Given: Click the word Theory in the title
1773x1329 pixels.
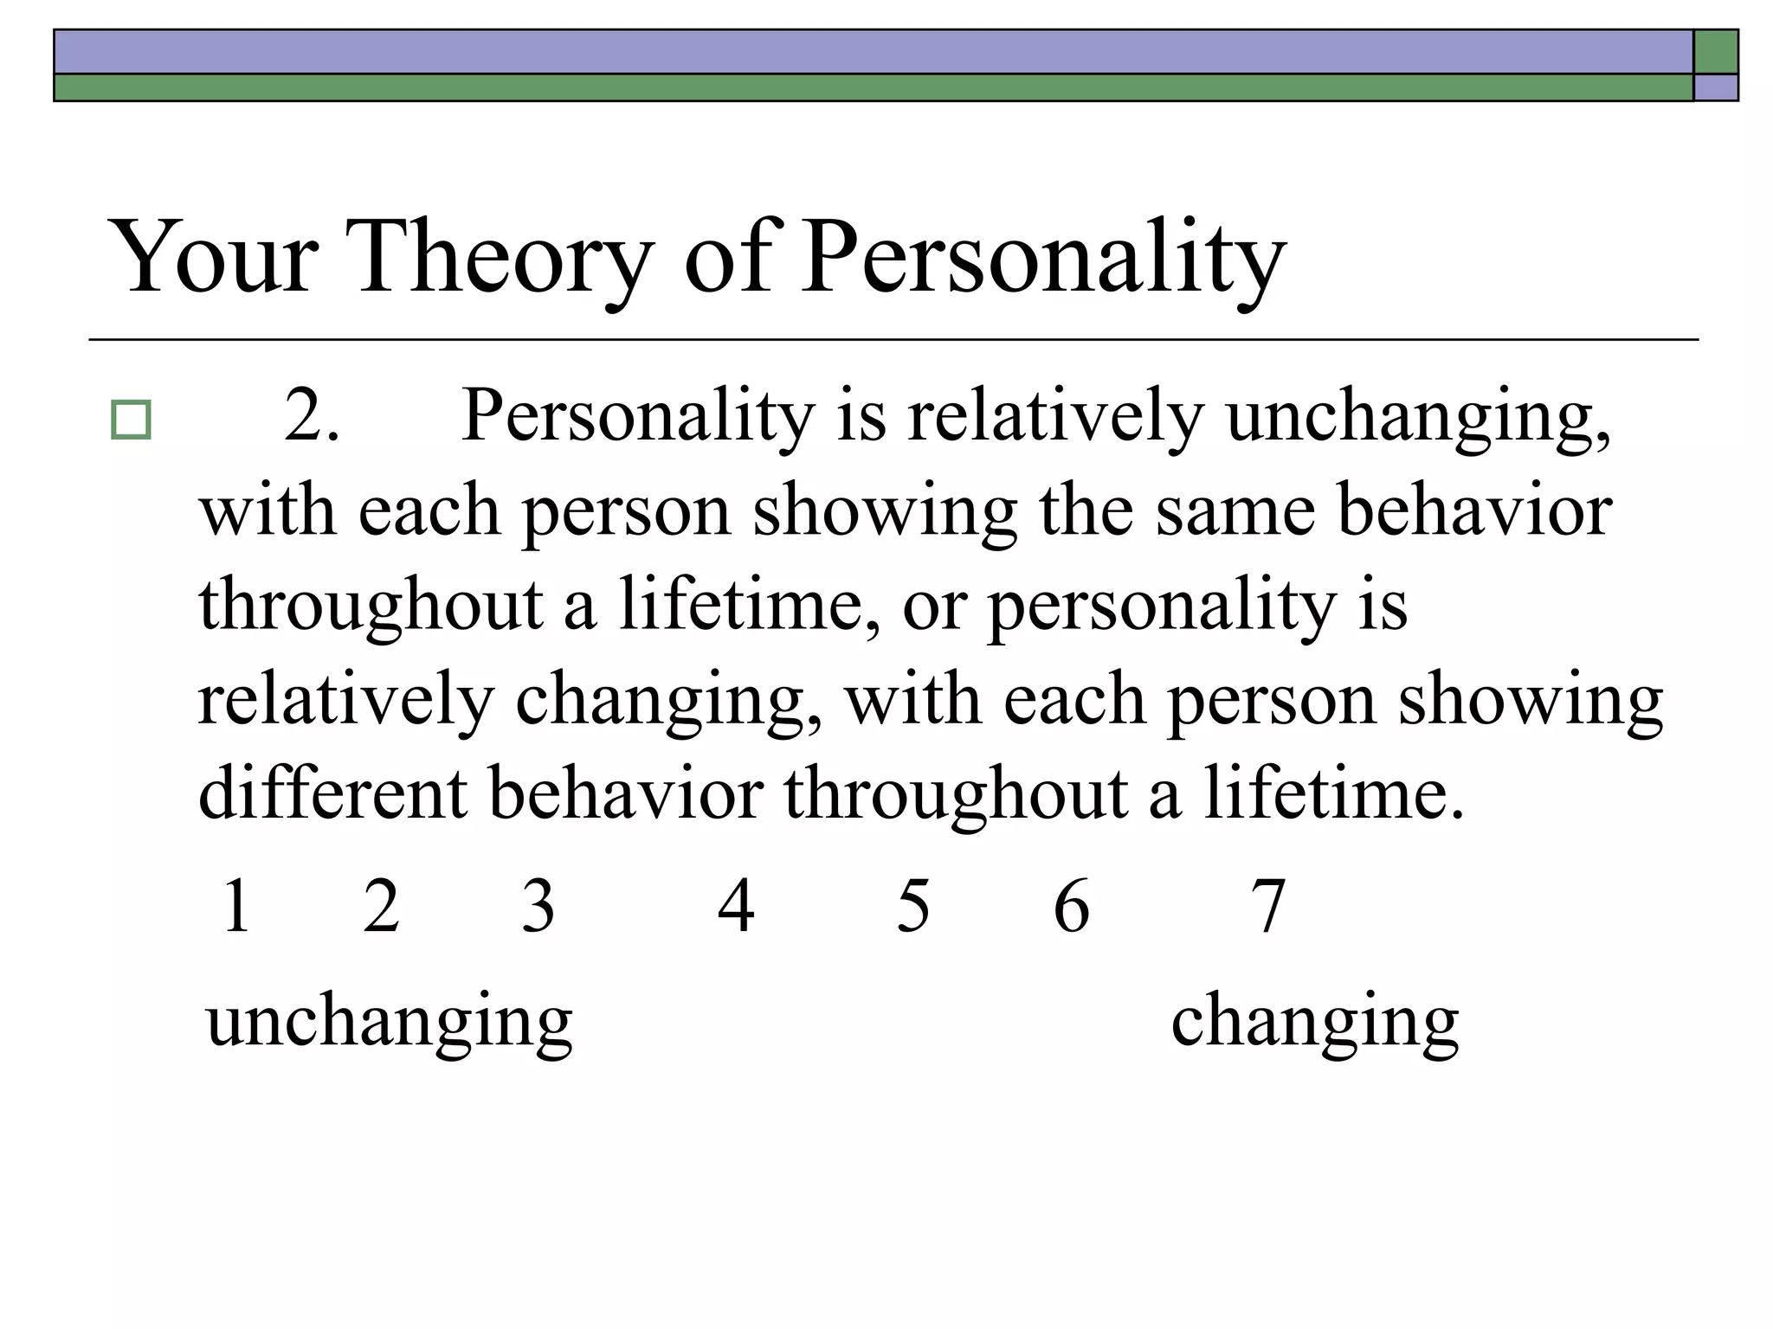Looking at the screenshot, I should click(502, 257).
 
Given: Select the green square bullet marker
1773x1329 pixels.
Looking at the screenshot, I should click(131, 421).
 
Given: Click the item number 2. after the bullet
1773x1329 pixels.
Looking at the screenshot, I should click(312, 416).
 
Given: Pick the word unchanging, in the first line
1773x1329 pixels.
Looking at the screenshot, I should click(1419, 416).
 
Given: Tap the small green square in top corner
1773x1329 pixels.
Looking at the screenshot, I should click(1716, 52).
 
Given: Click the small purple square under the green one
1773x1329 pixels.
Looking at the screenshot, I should click(1716, 87).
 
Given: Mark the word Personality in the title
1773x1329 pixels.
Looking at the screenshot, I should click(1043, 257).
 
